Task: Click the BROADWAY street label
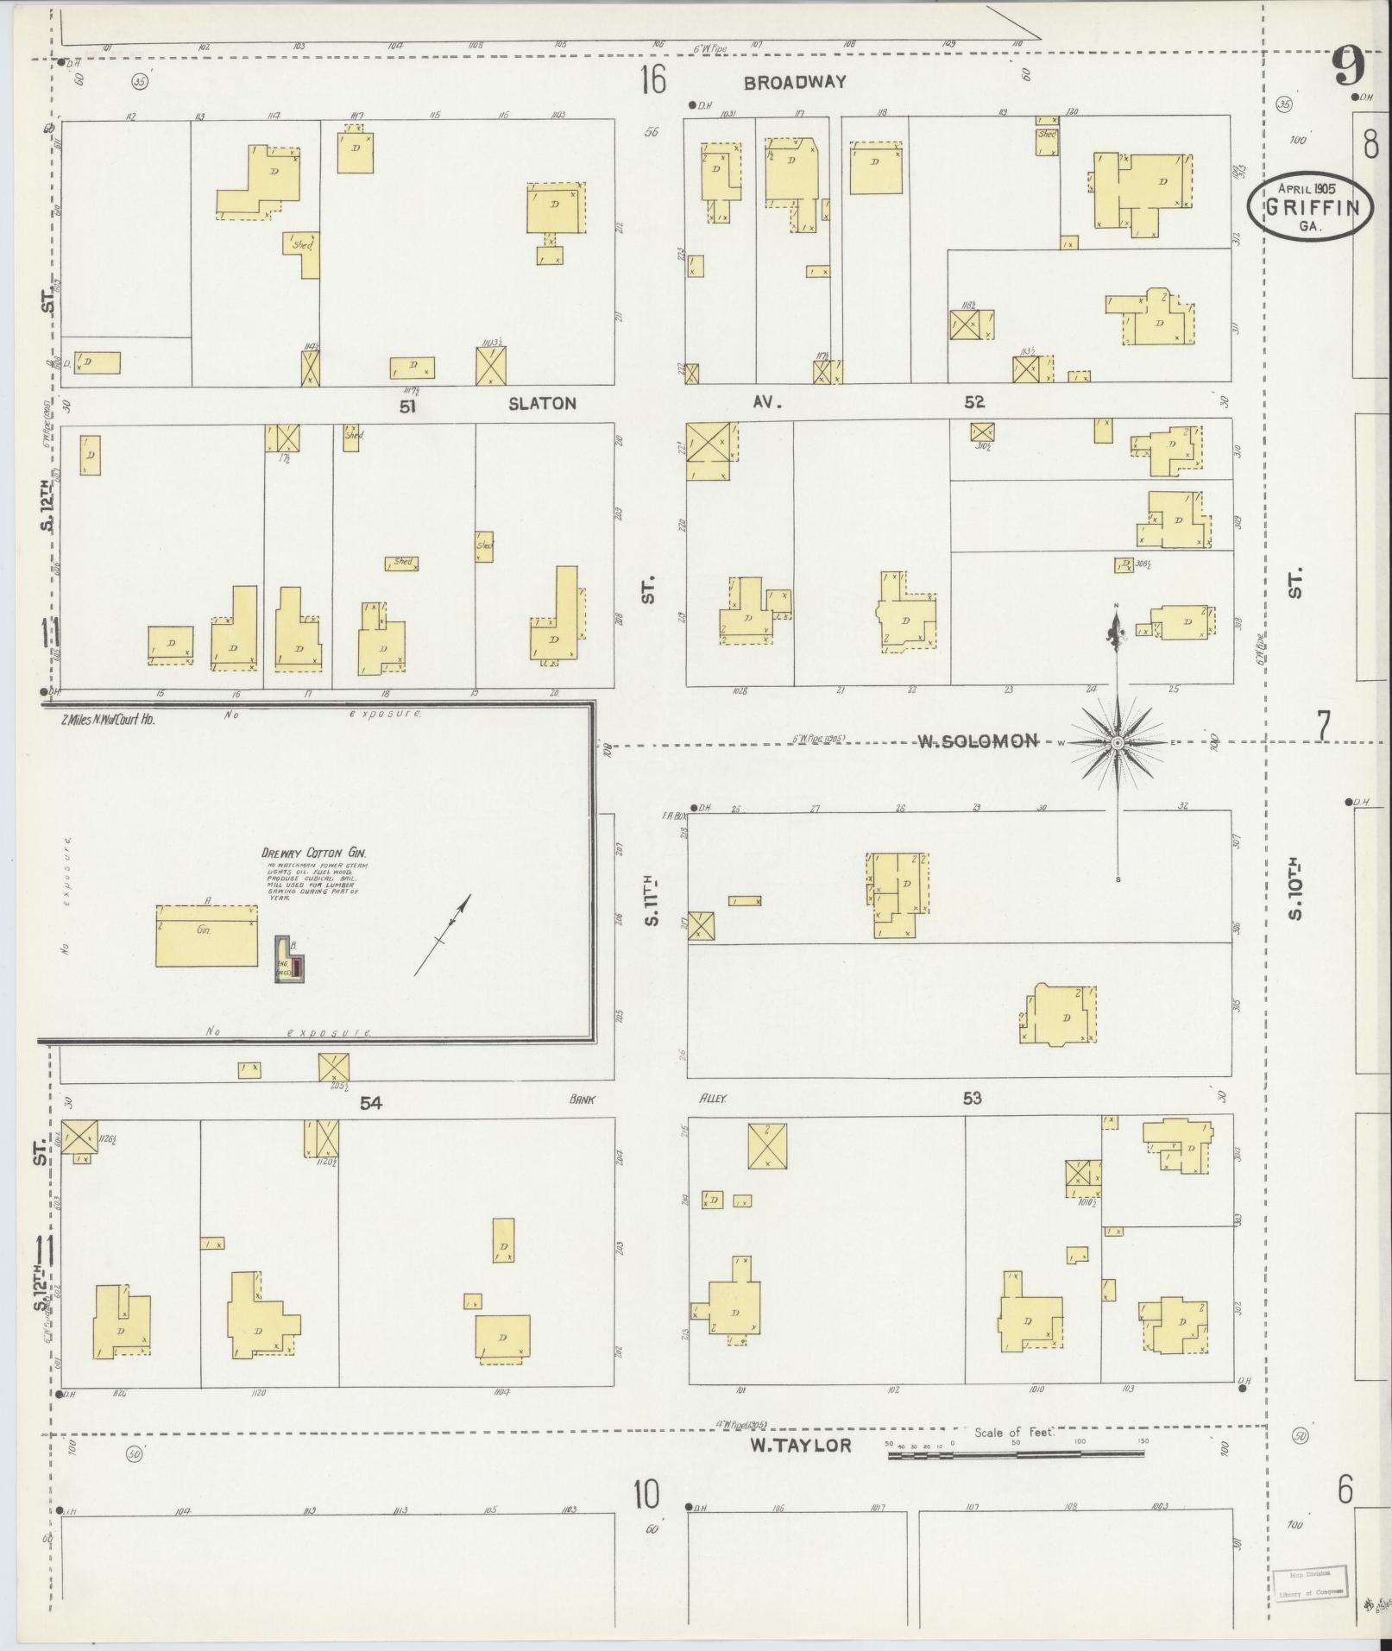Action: click(795, 83)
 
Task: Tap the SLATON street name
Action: click(541, 403)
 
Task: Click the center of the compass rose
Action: click(1117, 742)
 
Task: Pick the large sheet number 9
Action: click(1348, 66)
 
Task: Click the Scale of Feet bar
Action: click(1016, 1454)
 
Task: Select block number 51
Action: click(407, 406)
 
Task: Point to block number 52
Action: click(974, 401)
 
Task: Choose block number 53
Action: click(973, 1098)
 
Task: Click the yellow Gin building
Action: click(207, 936)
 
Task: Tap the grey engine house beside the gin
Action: click(289, 960)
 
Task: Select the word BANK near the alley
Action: click(583, 1100)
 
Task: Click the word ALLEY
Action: click(715, 1100)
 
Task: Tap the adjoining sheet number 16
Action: click(653, 81)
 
